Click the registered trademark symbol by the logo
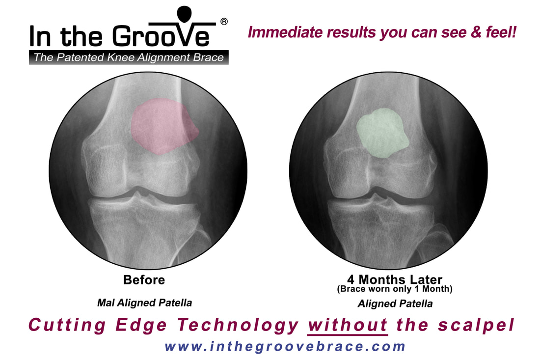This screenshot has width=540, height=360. (x=224, y=22)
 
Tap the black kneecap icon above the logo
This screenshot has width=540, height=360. (x=184, y=14)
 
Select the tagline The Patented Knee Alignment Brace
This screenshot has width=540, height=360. (x=129, y=57)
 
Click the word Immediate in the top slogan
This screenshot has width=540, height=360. (x=286, y=32)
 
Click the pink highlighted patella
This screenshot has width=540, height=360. (x=163, y=126)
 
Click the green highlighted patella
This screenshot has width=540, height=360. (x=382, y=133)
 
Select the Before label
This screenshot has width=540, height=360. (x=144, y=280)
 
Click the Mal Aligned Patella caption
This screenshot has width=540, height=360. (x=145, y=303)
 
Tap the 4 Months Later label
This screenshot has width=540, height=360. (x=395, y=279)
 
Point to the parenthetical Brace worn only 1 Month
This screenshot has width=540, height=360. (x=395, y=289)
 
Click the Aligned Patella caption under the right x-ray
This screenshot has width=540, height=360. (x=395, y=304)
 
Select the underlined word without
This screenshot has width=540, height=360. (x=348, y=325)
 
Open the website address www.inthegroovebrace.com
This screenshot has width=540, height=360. (x=285, y=346)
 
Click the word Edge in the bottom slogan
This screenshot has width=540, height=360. (x=141, y=325)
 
